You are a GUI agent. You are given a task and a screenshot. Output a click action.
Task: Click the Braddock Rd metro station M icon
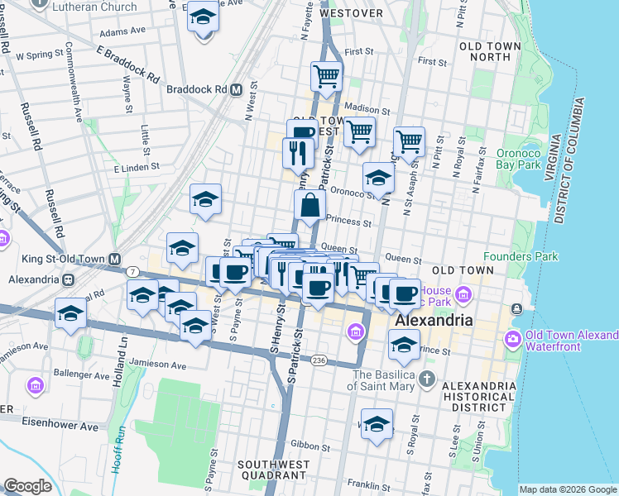[x=236, y=89]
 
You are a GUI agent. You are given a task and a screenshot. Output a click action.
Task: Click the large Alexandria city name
[x=434, y=320]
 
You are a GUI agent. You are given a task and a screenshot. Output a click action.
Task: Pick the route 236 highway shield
[x=319, y=360]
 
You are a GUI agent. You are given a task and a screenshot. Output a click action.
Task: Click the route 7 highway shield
[x=132, y=271]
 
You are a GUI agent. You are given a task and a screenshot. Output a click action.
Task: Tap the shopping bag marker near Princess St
[x=309, y=206]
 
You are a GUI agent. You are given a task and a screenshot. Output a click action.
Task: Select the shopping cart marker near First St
[x=327, y=77]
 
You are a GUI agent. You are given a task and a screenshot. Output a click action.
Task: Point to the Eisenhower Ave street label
[x=60, y=427]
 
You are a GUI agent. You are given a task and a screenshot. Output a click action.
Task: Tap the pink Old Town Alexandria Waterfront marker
[x=513, y=339]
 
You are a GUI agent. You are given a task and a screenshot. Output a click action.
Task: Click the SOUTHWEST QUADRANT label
[x=272, y=470]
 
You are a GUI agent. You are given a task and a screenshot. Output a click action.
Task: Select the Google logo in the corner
[x=27, y=486]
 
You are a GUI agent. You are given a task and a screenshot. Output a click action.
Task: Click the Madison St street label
[x=367, y=110]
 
